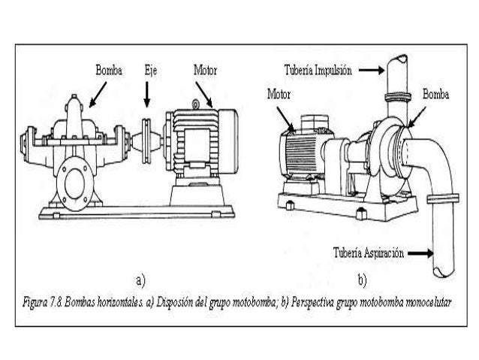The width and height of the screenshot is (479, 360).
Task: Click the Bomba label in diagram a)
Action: coord(107,70)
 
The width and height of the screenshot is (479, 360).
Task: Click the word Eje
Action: coord(149,70)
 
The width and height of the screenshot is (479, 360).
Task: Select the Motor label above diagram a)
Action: coord(206,70)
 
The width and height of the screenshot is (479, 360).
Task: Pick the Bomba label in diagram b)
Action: coord(436,95)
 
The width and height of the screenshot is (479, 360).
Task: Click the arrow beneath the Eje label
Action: coord(148,93)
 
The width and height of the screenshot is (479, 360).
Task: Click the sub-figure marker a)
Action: coord(140,281)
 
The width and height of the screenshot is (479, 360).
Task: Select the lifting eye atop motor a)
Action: coord(197,101)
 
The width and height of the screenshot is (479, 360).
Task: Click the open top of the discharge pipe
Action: coord(396,60)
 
